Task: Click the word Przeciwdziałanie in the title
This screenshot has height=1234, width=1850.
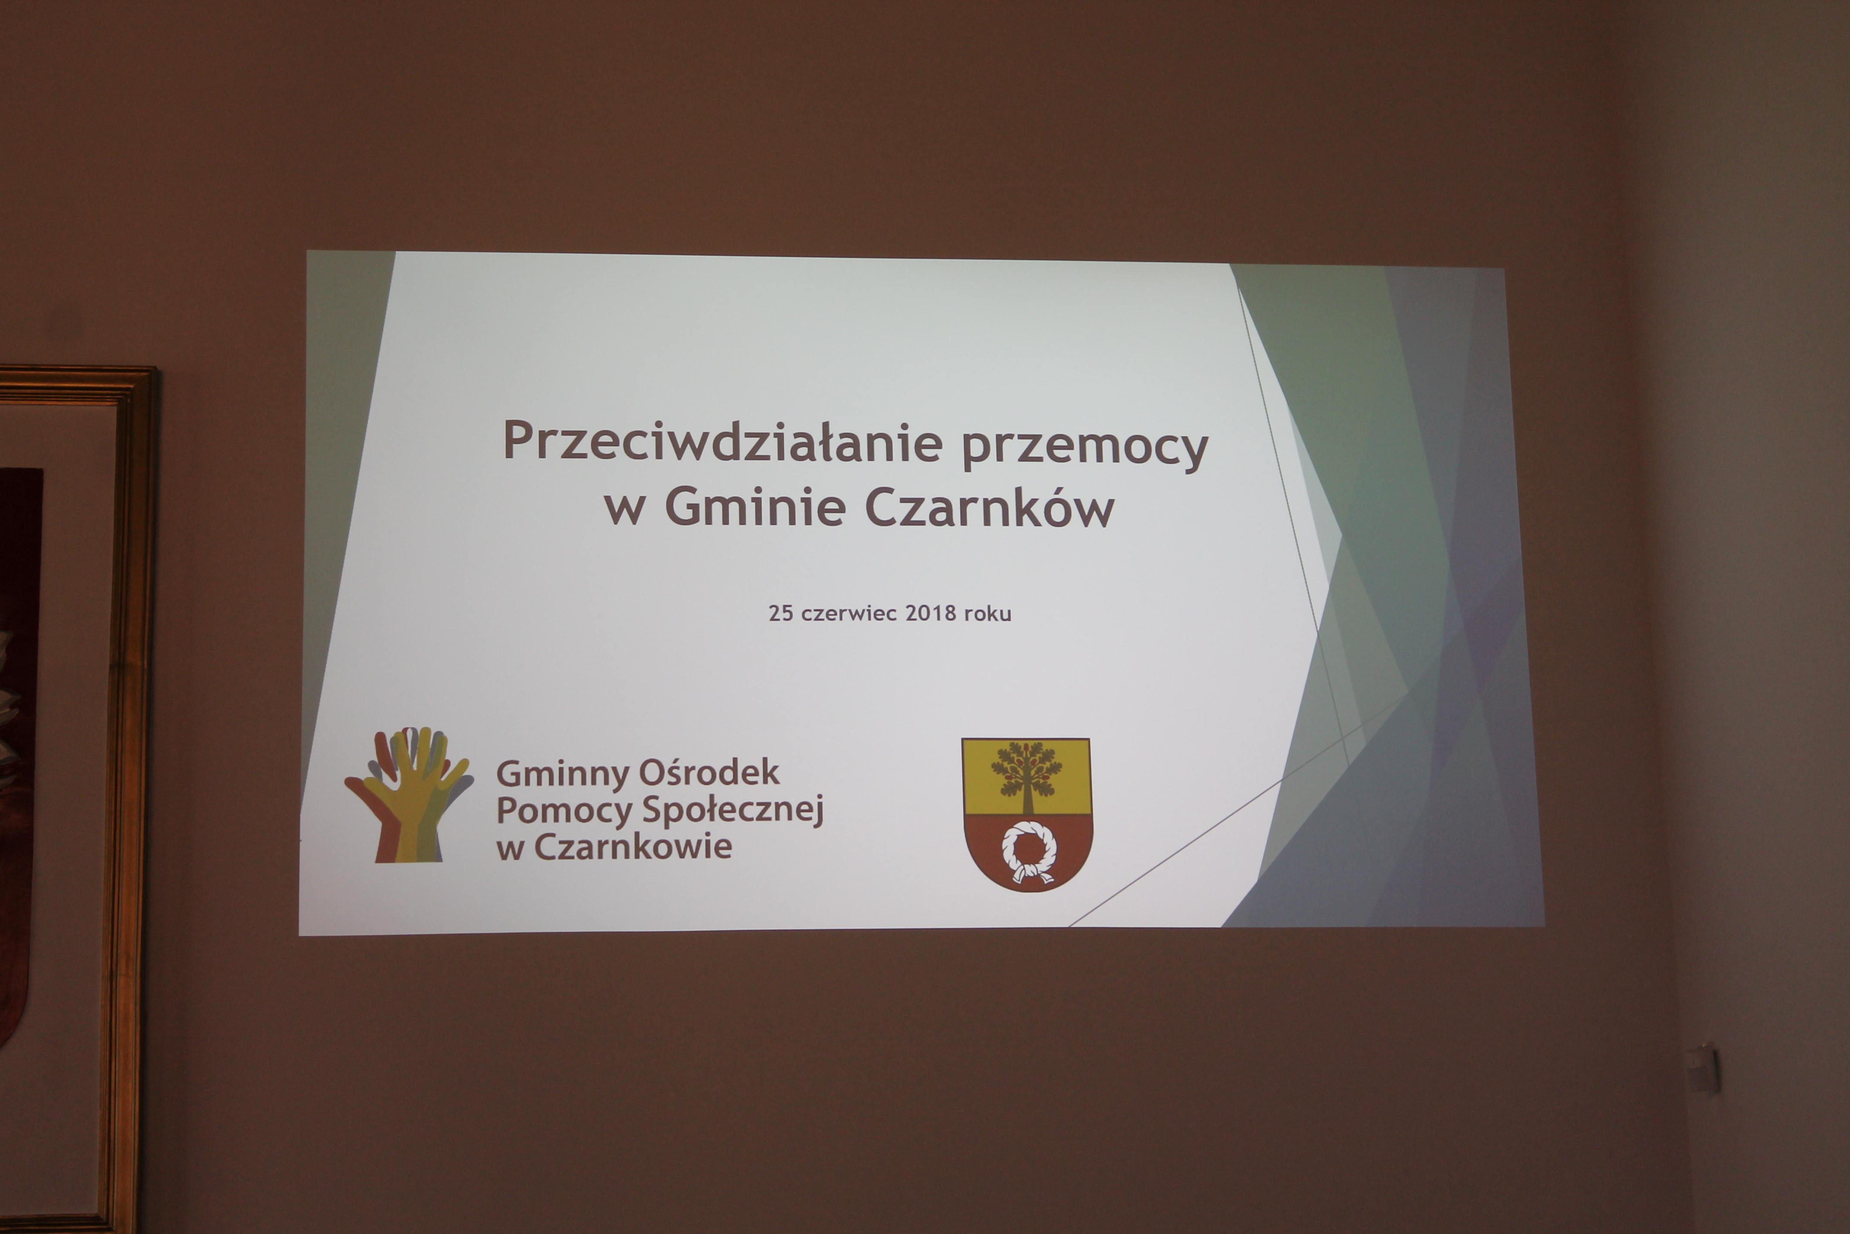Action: pyautogui.click(x=722, y=442)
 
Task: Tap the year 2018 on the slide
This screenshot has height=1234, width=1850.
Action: pyautogui.click(x=931, y=613)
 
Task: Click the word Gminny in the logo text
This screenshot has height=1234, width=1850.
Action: pyautogui.click(x=563, y=773)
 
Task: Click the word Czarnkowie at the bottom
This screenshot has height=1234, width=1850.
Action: pyautogui.click(x=633, y=847)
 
